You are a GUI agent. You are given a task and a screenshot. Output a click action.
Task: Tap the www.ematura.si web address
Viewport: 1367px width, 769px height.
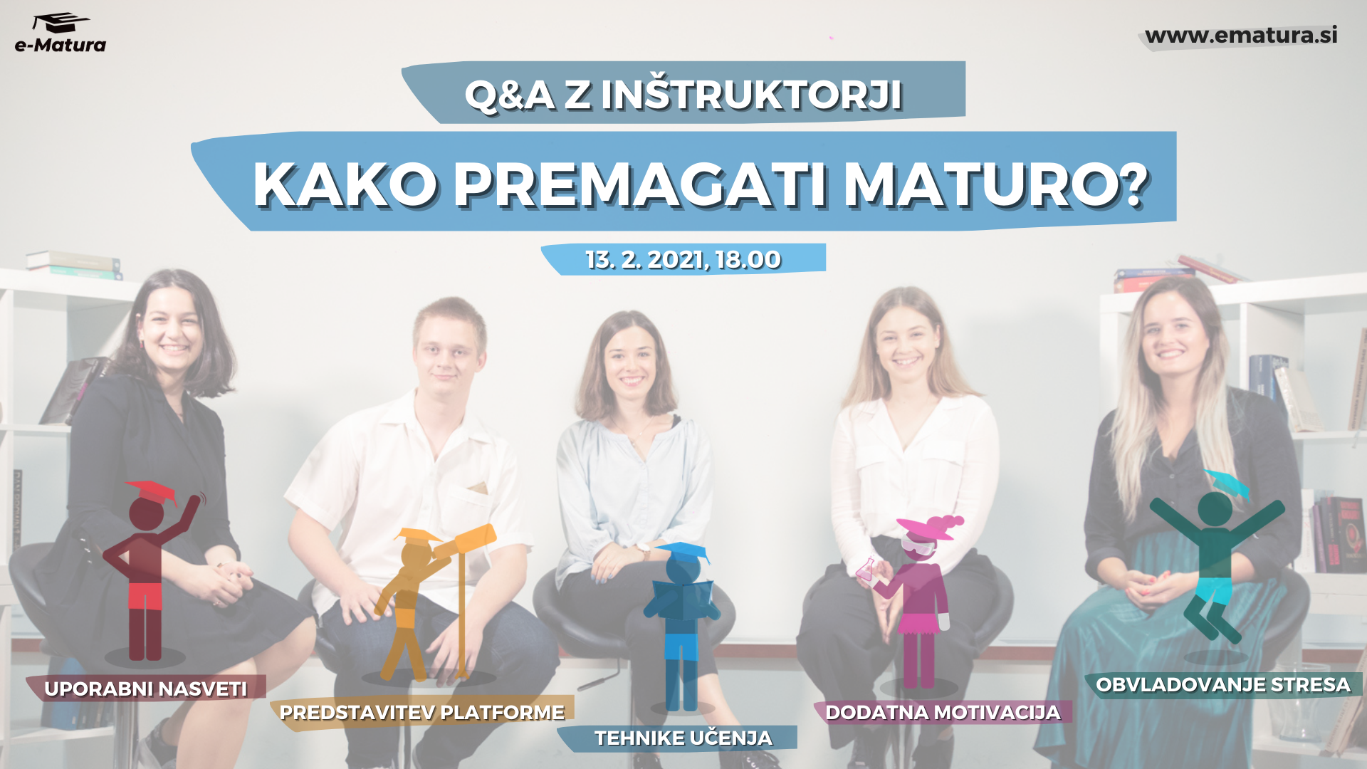click(x=1241, y=35)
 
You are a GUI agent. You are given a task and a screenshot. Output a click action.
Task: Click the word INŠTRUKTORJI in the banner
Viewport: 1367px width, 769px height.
click(x=752, y=95)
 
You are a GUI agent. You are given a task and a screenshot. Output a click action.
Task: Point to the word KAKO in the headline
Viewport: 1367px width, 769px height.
click(x=345, y=184)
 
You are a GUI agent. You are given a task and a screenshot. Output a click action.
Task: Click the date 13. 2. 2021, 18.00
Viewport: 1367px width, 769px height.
click(x=683, y=260)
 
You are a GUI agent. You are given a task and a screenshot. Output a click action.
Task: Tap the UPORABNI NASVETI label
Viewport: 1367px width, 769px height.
click(x=146, y=689)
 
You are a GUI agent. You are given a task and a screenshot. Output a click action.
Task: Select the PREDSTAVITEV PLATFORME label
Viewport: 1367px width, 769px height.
click(x=422, y=712)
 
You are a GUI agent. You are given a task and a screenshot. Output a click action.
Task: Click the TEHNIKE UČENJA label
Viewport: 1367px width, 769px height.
click(x=683, y=738)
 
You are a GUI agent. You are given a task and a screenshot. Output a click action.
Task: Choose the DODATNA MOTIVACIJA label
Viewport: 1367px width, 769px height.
click(x=943, y=712)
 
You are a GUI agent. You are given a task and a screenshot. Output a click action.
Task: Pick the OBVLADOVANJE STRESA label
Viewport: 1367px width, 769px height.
click(x=1223, y=685)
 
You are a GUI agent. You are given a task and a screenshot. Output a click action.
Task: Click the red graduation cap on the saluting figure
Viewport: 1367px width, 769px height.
click(x=151, y=491)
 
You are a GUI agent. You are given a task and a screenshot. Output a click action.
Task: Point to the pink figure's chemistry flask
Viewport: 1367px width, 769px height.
click(x=866, y=567)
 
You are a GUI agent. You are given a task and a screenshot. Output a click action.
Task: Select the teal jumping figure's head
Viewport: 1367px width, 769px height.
click(x=1215, y=508)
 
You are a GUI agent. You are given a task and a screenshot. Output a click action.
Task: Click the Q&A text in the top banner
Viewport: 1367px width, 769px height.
click(x=509, y=95)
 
